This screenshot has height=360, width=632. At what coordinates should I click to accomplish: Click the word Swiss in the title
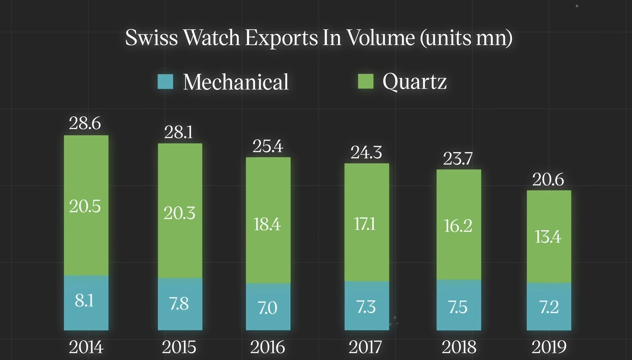click(151, 38)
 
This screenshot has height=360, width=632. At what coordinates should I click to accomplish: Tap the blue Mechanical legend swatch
click(165, 82)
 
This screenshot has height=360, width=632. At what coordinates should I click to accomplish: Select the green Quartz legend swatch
click(365, 81)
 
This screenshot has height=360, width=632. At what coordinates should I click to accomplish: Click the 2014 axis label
click(86, 347)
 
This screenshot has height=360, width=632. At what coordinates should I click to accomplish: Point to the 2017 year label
click(365, 347)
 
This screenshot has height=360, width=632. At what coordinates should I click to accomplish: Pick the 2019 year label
click(549, 347)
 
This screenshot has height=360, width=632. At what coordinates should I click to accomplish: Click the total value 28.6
click(85, 123)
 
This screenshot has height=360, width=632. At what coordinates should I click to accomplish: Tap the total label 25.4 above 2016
click(268, 146)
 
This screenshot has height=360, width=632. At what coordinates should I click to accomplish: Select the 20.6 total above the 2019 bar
click(548, 180)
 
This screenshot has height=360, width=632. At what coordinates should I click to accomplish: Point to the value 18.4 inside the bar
click(267, 225)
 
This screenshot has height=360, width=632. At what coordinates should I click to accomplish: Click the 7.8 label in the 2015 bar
click(179, 304)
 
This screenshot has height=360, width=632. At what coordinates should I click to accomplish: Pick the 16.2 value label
click(458, 226)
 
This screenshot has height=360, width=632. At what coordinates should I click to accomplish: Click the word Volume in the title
click(380, 38)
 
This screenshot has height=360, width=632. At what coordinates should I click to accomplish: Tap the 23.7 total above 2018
click(458, 159)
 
